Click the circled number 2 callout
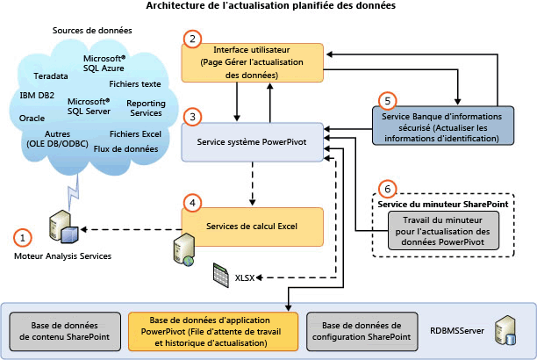click(x=190, y=38)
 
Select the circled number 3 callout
click(x=190, y=116)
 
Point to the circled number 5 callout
click(x=383, y=101)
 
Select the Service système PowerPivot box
click(x=251, y=140)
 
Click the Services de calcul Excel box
click(x=253, y=226)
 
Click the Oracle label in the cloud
click(x=32, y=117)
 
